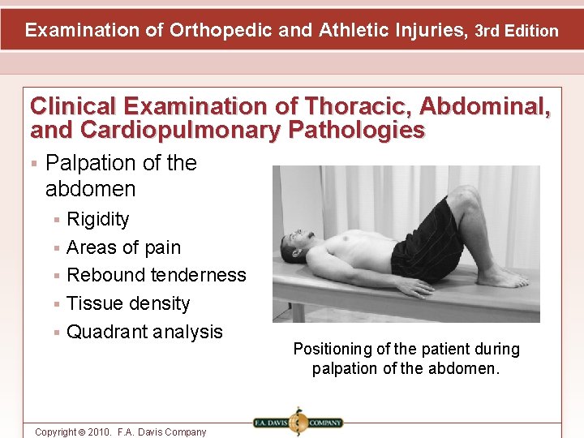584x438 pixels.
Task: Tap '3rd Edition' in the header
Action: point(517,32)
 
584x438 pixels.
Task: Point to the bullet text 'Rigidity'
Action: point(97,219)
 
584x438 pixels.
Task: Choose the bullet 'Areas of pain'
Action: point(123,247)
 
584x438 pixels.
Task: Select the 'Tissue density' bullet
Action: point(128,303)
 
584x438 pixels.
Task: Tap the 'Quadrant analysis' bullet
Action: point(144,332)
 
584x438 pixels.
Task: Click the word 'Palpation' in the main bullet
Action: point(92,163)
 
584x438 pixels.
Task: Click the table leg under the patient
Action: point(298,312)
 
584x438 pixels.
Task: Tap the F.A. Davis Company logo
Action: point(298,423)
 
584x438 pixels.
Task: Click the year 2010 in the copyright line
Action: point(96,432)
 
